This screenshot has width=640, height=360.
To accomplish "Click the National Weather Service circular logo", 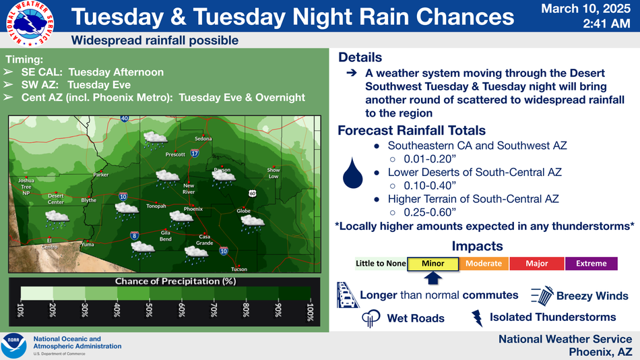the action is coord(30,24).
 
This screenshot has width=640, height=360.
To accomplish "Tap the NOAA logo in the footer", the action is coord(14,346).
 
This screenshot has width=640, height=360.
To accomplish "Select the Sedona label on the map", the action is coord(203,138).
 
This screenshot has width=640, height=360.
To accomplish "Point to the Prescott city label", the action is coord(175,154).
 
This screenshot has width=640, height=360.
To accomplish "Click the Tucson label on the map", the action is coord(238,269).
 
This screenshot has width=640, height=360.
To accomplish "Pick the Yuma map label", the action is coord(88,244).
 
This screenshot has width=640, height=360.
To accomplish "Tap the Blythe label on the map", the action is coord(88,200).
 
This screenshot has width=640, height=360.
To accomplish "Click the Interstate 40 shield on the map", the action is coord(125,119).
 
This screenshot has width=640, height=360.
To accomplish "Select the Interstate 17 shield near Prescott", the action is coord(195,153).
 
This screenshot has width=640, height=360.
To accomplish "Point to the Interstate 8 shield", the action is coord(134,235).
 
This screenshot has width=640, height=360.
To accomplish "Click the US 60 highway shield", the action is coord(253,193).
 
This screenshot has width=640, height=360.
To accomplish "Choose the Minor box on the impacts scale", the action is coord(433,264).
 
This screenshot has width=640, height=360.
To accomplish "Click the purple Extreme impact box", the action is coord(591,264).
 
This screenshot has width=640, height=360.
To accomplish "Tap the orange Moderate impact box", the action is coord(484,264).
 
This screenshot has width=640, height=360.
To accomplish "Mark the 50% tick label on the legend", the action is coord(149,310).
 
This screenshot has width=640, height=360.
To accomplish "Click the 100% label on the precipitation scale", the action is coord(310,312).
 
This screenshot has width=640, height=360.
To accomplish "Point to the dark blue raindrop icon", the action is coord(352,173).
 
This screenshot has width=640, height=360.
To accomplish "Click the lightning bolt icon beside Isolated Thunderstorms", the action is coord(477,318).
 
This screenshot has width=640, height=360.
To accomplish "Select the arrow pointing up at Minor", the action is coord(433,278).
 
